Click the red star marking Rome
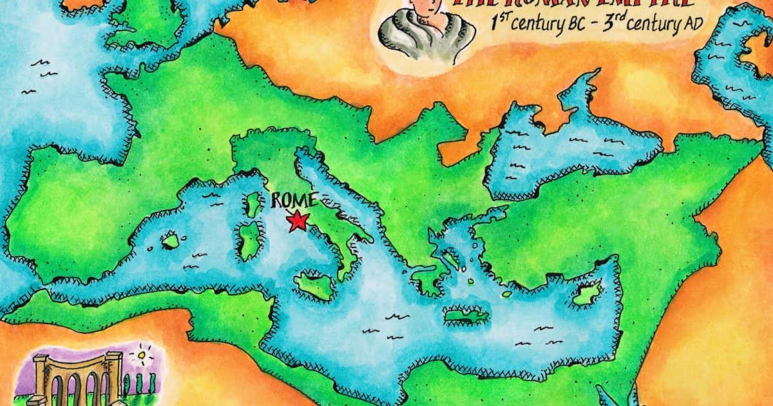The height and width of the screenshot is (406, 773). [297, 221]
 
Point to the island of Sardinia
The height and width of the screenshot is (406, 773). [249, 240]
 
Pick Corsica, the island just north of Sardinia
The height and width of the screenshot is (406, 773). [251, 206]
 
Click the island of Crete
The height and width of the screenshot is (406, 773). [466, 316]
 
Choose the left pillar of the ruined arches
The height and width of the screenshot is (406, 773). [41, 380]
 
